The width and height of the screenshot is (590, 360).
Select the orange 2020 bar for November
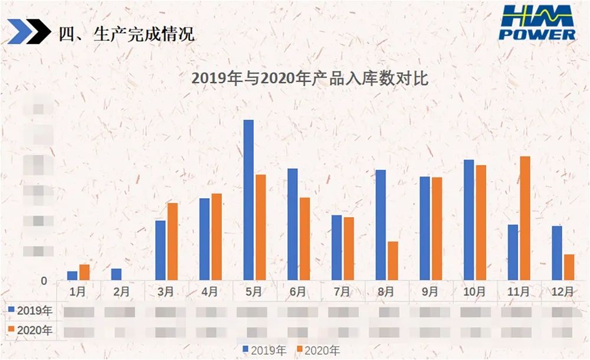pos(525,218)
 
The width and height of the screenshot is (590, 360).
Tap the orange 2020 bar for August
pos(392,260)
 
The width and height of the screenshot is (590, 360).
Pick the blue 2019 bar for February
pos(116,274)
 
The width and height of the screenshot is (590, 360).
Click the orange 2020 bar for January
pos(84,272)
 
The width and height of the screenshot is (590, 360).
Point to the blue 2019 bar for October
pos(469,220)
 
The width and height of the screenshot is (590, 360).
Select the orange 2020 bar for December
pos(569,267)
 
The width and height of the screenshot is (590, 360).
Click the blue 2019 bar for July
pos(336,247)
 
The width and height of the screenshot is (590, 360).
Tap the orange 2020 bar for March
pos(172,241)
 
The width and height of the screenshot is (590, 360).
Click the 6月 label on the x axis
pos(298,292)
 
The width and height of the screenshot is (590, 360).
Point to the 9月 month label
pos(430,292)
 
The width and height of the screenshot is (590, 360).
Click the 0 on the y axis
pos(44,281)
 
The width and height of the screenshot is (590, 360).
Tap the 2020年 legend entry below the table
pos(318,350)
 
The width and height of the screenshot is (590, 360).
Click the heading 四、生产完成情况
pos(126,34)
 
